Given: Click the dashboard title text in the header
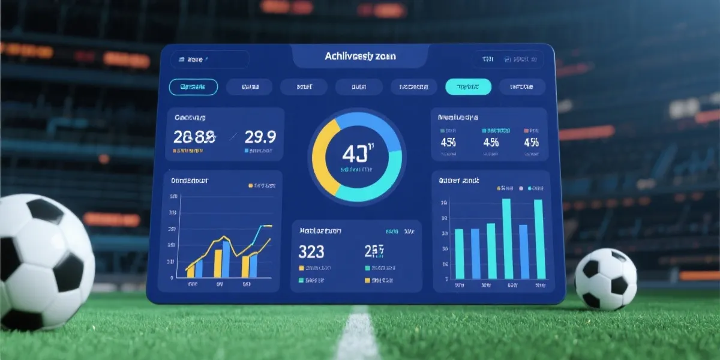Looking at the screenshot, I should (x=360, y=56).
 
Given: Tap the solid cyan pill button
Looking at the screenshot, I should (x=468, y=87).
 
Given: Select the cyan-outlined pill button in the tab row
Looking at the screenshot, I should (x=193, y=87).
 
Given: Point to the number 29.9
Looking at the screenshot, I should (x=260, y=137).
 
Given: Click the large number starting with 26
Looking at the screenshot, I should (x=194, y=137).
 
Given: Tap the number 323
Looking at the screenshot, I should (x=311, y=251).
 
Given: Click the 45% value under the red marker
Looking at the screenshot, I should (x=531, y=143).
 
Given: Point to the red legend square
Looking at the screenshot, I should (x=526, y=130).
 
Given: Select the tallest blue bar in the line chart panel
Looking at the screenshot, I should (x=226, y=259).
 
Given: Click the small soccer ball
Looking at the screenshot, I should (x=605, y=279).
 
